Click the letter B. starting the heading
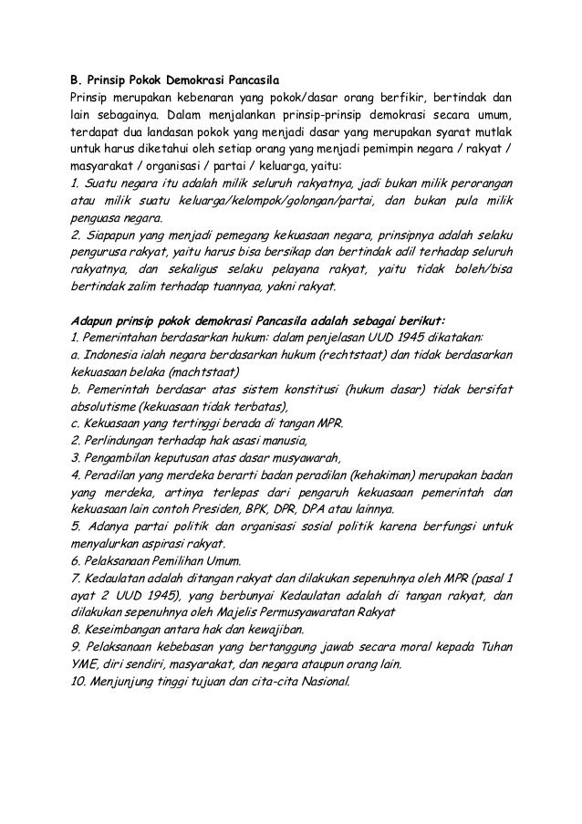[x=77, y=78]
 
